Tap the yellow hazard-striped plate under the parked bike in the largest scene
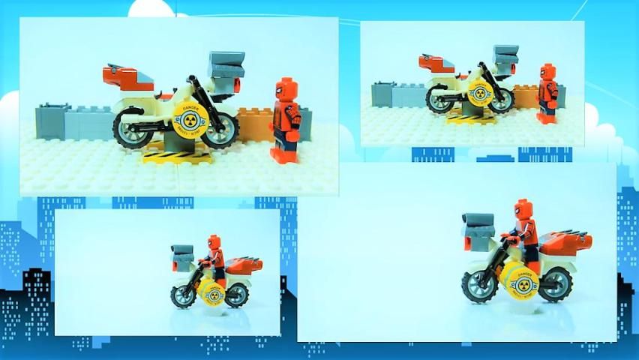(x=178, y=155)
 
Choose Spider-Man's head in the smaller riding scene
(x=214, y=244)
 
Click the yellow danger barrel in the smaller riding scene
(x=211, y=293)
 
